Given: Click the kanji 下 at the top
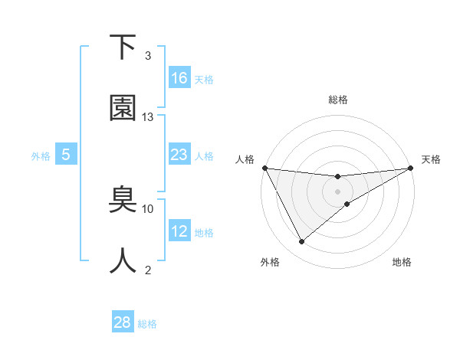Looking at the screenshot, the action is [123, 47].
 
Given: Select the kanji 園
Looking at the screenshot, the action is [123, 109].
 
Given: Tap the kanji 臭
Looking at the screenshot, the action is [123, 201].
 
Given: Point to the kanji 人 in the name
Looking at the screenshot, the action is [123, 261].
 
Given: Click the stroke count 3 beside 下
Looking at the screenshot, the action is [148, 56].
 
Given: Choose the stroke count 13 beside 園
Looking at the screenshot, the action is [148, 117].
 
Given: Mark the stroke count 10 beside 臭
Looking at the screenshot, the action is [148, 208].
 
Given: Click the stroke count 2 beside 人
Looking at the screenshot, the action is [148, 270].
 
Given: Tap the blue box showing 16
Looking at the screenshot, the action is [179, 78].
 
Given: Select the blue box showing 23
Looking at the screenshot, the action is [179, 155].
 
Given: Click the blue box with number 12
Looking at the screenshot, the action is [179, 231].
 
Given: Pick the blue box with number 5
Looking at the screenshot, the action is [66, 155].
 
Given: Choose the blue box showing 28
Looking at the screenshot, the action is [123, 322].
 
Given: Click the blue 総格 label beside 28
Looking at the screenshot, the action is [147, 324].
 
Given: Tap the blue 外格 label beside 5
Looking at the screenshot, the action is [41, 156].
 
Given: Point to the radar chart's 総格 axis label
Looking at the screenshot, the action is [338, 100].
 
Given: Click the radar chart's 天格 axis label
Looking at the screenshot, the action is [432, 159].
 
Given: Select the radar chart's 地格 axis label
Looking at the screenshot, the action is [402, 262].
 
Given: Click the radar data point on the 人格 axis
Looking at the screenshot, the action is [264, 168].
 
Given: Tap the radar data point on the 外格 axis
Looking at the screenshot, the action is [301, 242].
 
